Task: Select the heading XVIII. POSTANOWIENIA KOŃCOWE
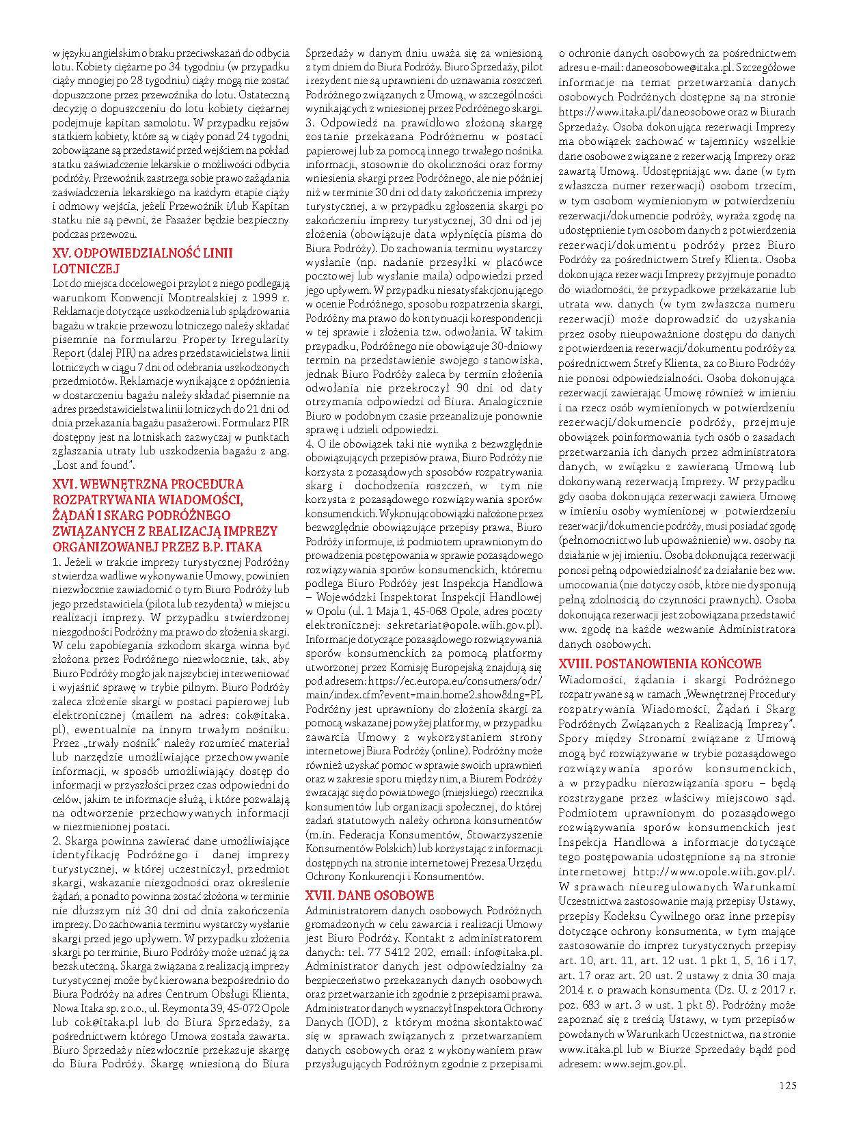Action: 660,663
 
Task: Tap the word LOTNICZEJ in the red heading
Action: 86,269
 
